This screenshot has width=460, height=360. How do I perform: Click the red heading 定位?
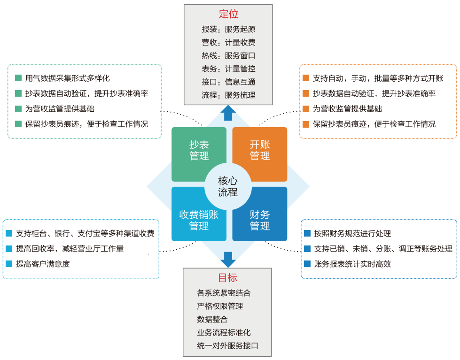[x=228, y=14]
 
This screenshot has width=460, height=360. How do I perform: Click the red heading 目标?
[x=227, y=278]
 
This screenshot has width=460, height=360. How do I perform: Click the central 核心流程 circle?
[x=228, y=186]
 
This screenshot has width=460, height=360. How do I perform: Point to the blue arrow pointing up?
[x=228, y=113]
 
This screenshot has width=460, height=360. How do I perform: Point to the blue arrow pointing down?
[x=228, y=260]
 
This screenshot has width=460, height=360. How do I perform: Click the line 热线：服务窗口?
[x=228, y=55]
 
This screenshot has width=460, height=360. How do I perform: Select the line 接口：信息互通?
[x=228, y=82]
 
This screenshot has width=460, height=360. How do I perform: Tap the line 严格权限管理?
[x=220, y=306]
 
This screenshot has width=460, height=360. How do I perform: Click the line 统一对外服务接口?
[x=227, y=345]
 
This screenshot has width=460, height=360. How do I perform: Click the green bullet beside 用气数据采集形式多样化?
[x=18, y=78]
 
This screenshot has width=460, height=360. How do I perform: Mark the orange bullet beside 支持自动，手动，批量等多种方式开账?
[x=306, y=78]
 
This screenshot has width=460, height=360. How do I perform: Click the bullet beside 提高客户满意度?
[x=9, y=264]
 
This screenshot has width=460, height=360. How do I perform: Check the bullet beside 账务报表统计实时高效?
[x=307, y=264]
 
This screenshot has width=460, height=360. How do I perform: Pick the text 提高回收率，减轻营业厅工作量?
[x=70, y=249]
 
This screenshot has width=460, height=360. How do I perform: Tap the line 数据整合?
[x=212, y=319]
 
